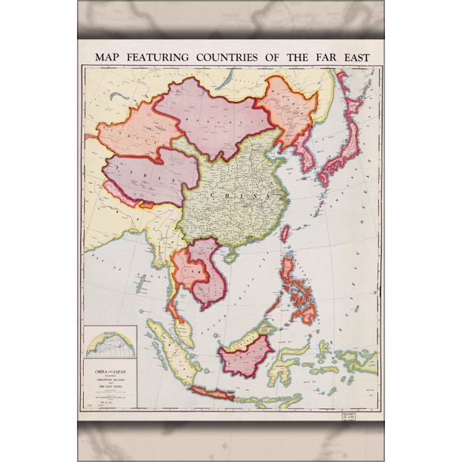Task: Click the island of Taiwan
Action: pyautogui.click(x=285, y=234)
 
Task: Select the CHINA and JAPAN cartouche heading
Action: pyautogui.click(x=110, y=372)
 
